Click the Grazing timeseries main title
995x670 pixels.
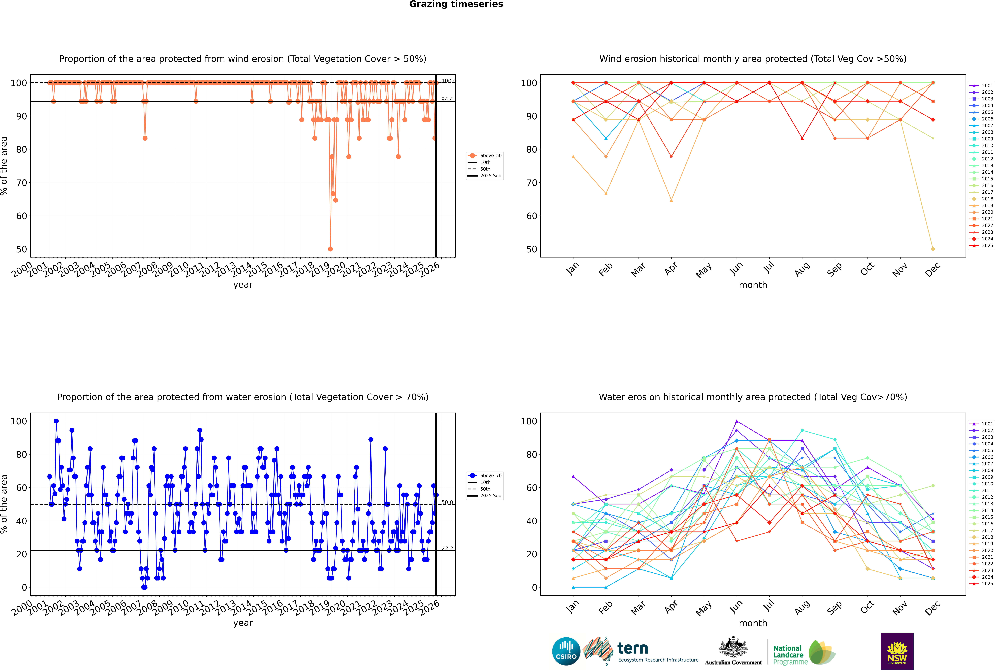pos(456,4)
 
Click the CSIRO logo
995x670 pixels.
pos(566,651)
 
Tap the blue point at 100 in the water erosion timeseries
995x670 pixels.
pos(56,421)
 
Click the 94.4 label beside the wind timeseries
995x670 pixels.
pos(447,100)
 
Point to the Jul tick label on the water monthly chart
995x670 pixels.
pos(769,606)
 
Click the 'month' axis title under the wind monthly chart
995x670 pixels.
pos(753,285)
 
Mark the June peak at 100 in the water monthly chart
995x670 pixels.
pos(737,421)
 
